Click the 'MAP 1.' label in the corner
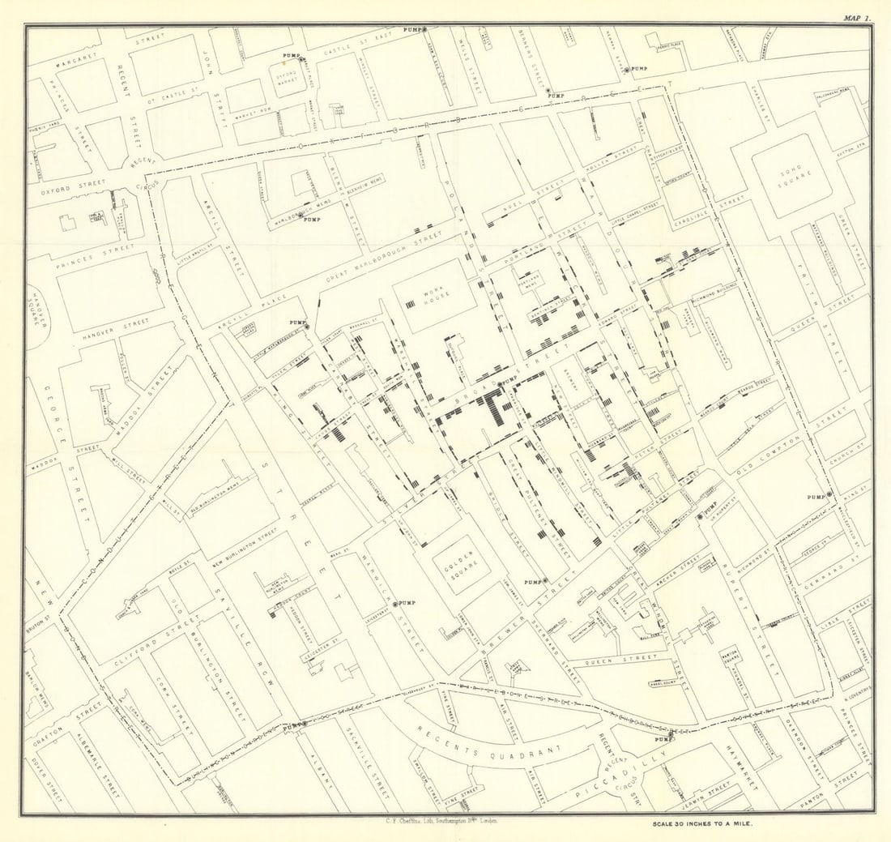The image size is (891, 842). point(855,17)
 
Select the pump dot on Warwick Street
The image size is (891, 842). point(395,604)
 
